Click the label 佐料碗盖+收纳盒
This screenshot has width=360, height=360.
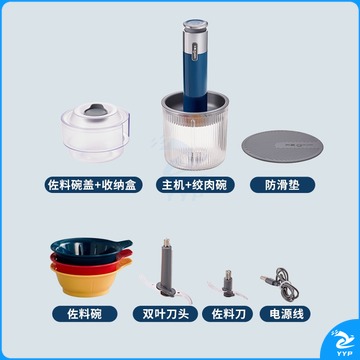(x=94, y=185)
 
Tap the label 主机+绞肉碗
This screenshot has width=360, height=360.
(x=195, y=185)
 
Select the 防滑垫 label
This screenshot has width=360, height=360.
(x=282, y=185)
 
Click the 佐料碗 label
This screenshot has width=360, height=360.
(x=85, y=314)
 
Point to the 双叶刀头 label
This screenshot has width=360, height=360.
(x=166, y=314)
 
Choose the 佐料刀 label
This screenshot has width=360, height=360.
(x=228, y=314)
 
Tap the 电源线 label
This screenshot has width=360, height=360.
(x=285, y=314)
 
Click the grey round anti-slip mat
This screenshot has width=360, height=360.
(x=282, y=146)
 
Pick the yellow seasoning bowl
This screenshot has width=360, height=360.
(x=89, y=280)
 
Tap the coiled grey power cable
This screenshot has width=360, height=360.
(x=283, y=284)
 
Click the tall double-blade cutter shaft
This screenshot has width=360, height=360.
(x=166, y=267)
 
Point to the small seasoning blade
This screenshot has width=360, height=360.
(x=228, y=285)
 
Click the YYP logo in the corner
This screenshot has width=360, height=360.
(x=343, y=340)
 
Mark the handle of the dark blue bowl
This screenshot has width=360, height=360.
(x=124, y=244)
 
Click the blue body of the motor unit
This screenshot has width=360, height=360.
(x=195, y=80)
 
